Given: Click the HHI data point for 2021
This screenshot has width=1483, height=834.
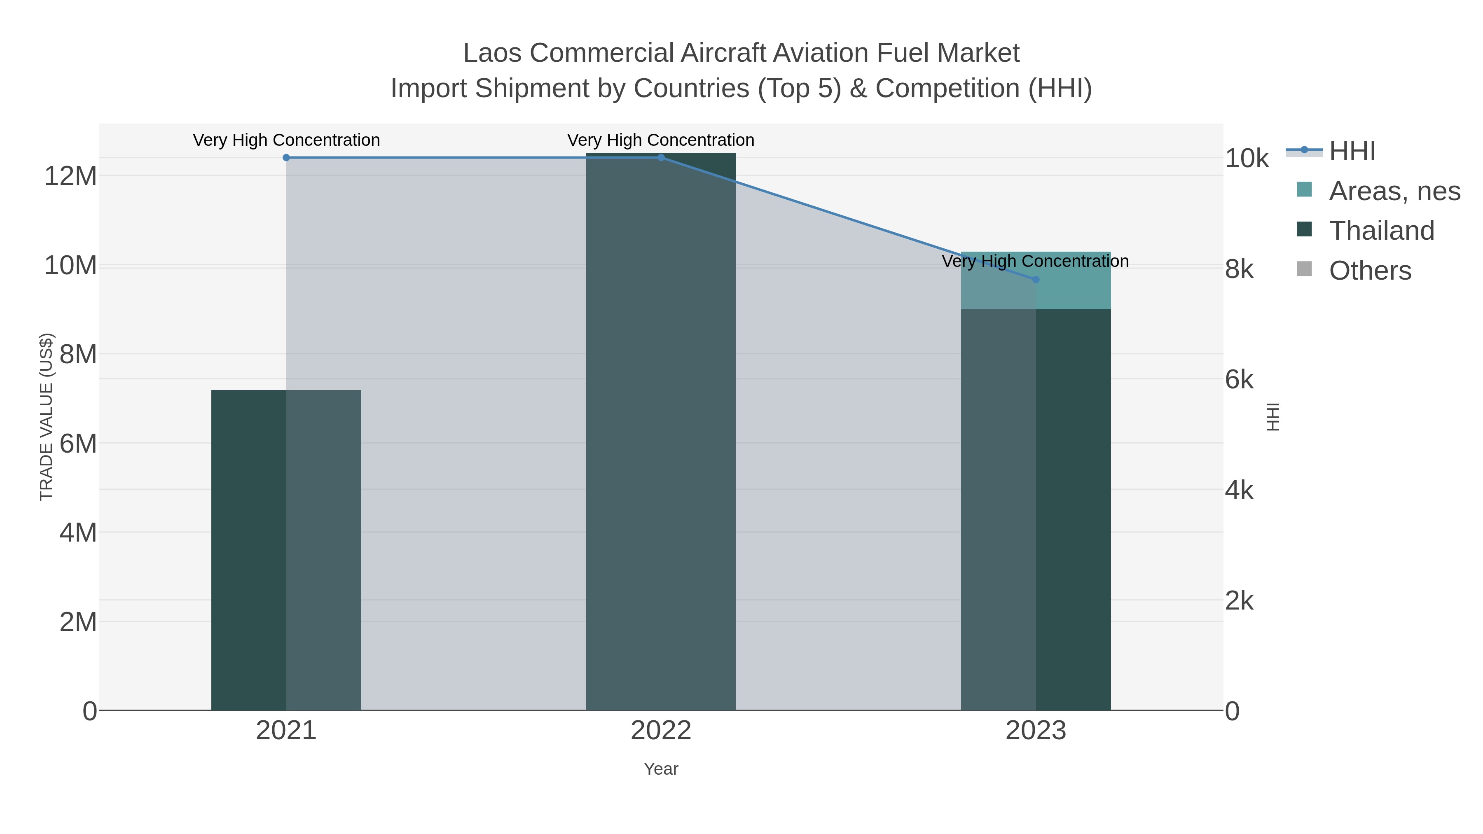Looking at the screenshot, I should [x=286, y=157].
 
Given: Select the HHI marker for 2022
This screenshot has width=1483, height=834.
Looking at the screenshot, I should [x=661, y=157].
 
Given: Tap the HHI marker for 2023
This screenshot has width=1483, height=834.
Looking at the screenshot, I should [x=1036, y=279].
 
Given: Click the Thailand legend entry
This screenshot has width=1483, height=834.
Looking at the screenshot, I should [x=1381, y=231].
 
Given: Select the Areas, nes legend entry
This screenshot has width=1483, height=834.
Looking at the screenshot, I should [x=1394, y=191].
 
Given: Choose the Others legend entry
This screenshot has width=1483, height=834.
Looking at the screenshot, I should [x=1370, y=271].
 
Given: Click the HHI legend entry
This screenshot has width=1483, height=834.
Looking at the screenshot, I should [x=1352, y=152].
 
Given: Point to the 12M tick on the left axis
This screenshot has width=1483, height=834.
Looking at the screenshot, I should [x=70, y=175].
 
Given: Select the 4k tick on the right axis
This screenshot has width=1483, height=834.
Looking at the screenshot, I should [x=1239, y=491].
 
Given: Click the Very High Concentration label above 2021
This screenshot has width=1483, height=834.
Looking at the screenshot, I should [x=286, y=140].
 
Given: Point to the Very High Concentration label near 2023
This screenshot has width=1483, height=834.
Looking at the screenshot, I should [x=1035, y=261].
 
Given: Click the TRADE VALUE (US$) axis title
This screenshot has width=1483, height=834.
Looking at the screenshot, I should [x=46, y=417].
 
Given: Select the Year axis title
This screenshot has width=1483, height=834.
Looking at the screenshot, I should [x=661, y=769].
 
